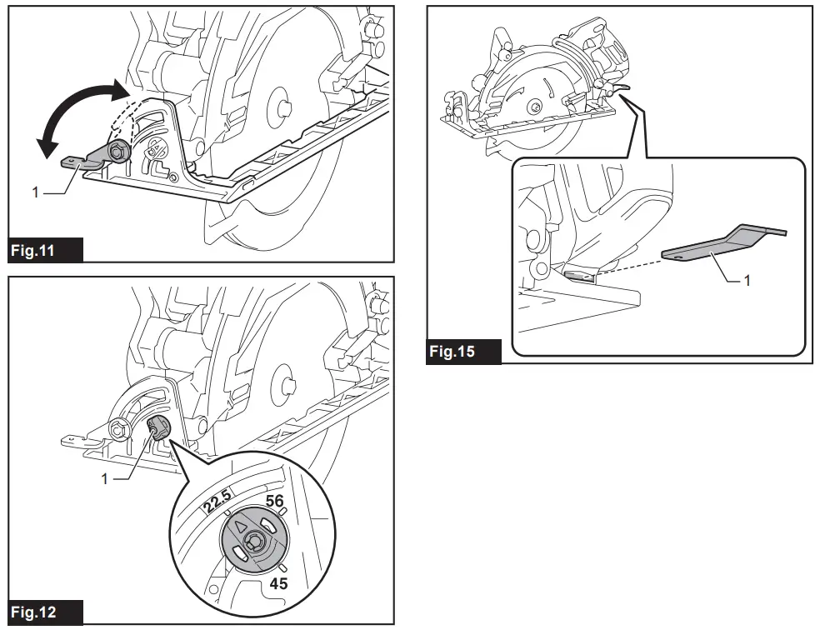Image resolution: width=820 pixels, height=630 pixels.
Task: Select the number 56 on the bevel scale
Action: (275, 501)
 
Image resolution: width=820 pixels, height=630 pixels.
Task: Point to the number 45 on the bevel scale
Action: (278, 583)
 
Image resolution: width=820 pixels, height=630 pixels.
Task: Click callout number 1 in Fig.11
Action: (36, 192)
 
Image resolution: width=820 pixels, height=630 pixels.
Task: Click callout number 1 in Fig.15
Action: (747, 281)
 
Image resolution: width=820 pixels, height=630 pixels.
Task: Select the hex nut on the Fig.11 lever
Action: (117, 151)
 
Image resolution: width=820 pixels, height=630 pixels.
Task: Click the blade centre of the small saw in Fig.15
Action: (534, 106)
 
